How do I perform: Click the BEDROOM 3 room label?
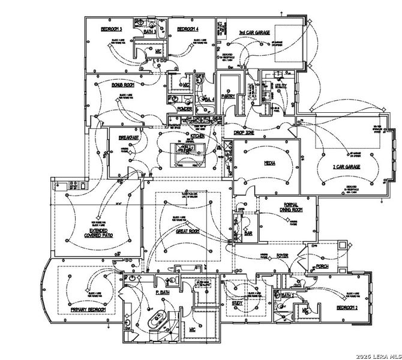click(x=112, y=29)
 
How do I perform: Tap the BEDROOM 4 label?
click(x=187, y=29)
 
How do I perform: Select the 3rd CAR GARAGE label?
click(x=254, y=33)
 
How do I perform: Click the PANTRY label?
click(x=227, y=95)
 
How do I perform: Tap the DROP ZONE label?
click(x=243, y=131)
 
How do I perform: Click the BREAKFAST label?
click(x=127, y=137)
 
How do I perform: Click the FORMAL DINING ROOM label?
click(x=293, y=208)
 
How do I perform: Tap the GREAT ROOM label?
click(x=187, y=231)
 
